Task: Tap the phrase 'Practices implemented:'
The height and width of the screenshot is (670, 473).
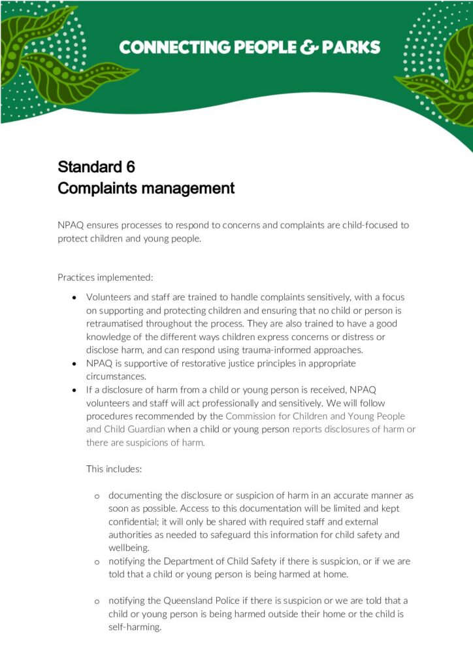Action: (105, 277)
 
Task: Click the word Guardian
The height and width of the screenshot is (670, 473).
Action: (146, 429)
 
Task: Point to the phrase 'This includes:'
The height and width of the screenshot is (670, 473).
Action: (114, 468)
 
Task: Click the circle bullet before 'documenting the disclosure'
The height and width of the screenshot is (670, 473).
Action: (97, 496)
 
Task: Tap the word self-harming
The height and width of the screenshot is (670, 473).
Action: (135, 627)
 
